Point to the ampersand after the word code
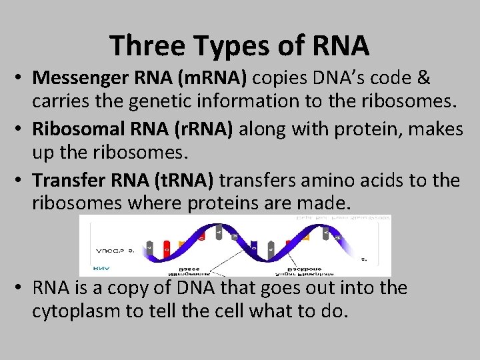[x=423, y=79]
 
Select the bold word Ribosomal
[x=76, y=129]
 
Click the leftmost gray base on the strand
[x=149, y=247]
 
